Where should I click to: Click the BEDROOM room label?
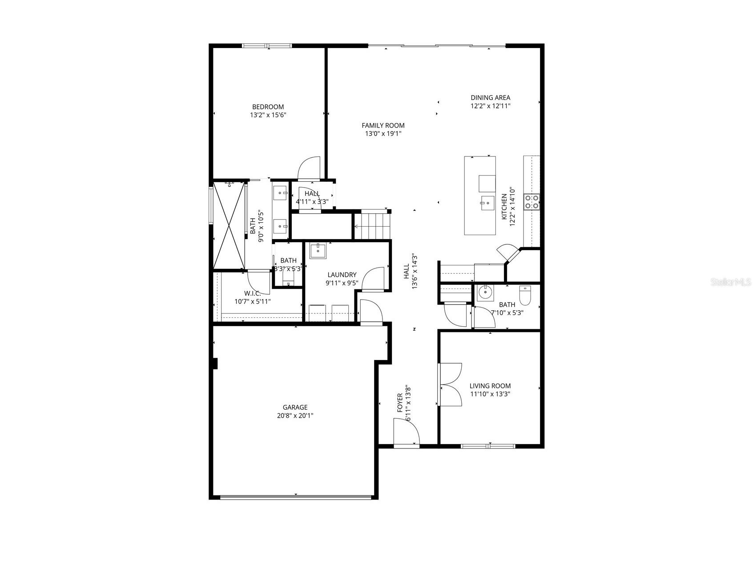click(268, 107)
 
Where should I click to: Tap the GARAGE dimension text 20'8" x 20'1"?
click(295, 416)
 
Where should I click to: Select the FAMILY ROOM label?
click(383, 125)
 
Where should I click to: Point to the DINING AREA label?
click(490, 97)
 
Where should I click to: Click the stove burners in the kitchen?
click(532, 201)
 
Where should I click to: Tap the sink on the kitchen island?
click(487, 203)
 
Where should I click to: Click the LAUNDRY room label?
click(342, 275)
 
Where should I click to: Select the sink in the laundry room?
click(318, 250)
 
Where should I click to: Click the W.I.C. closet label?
click(252, 293)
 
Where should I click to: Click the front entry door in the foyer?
click(407, 434)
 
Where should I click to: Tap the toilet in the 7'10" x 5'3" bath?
click(525, 296)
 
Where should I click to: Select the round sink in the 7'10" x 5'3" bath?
click(483, 293)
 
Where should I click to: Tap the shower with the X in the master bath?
click(229, 225)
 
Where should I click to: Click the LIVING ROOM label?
click(490, 386)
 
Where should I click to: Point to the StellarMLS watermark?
click(731, 282)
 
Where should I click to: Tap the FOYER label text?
click(399, 402)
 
